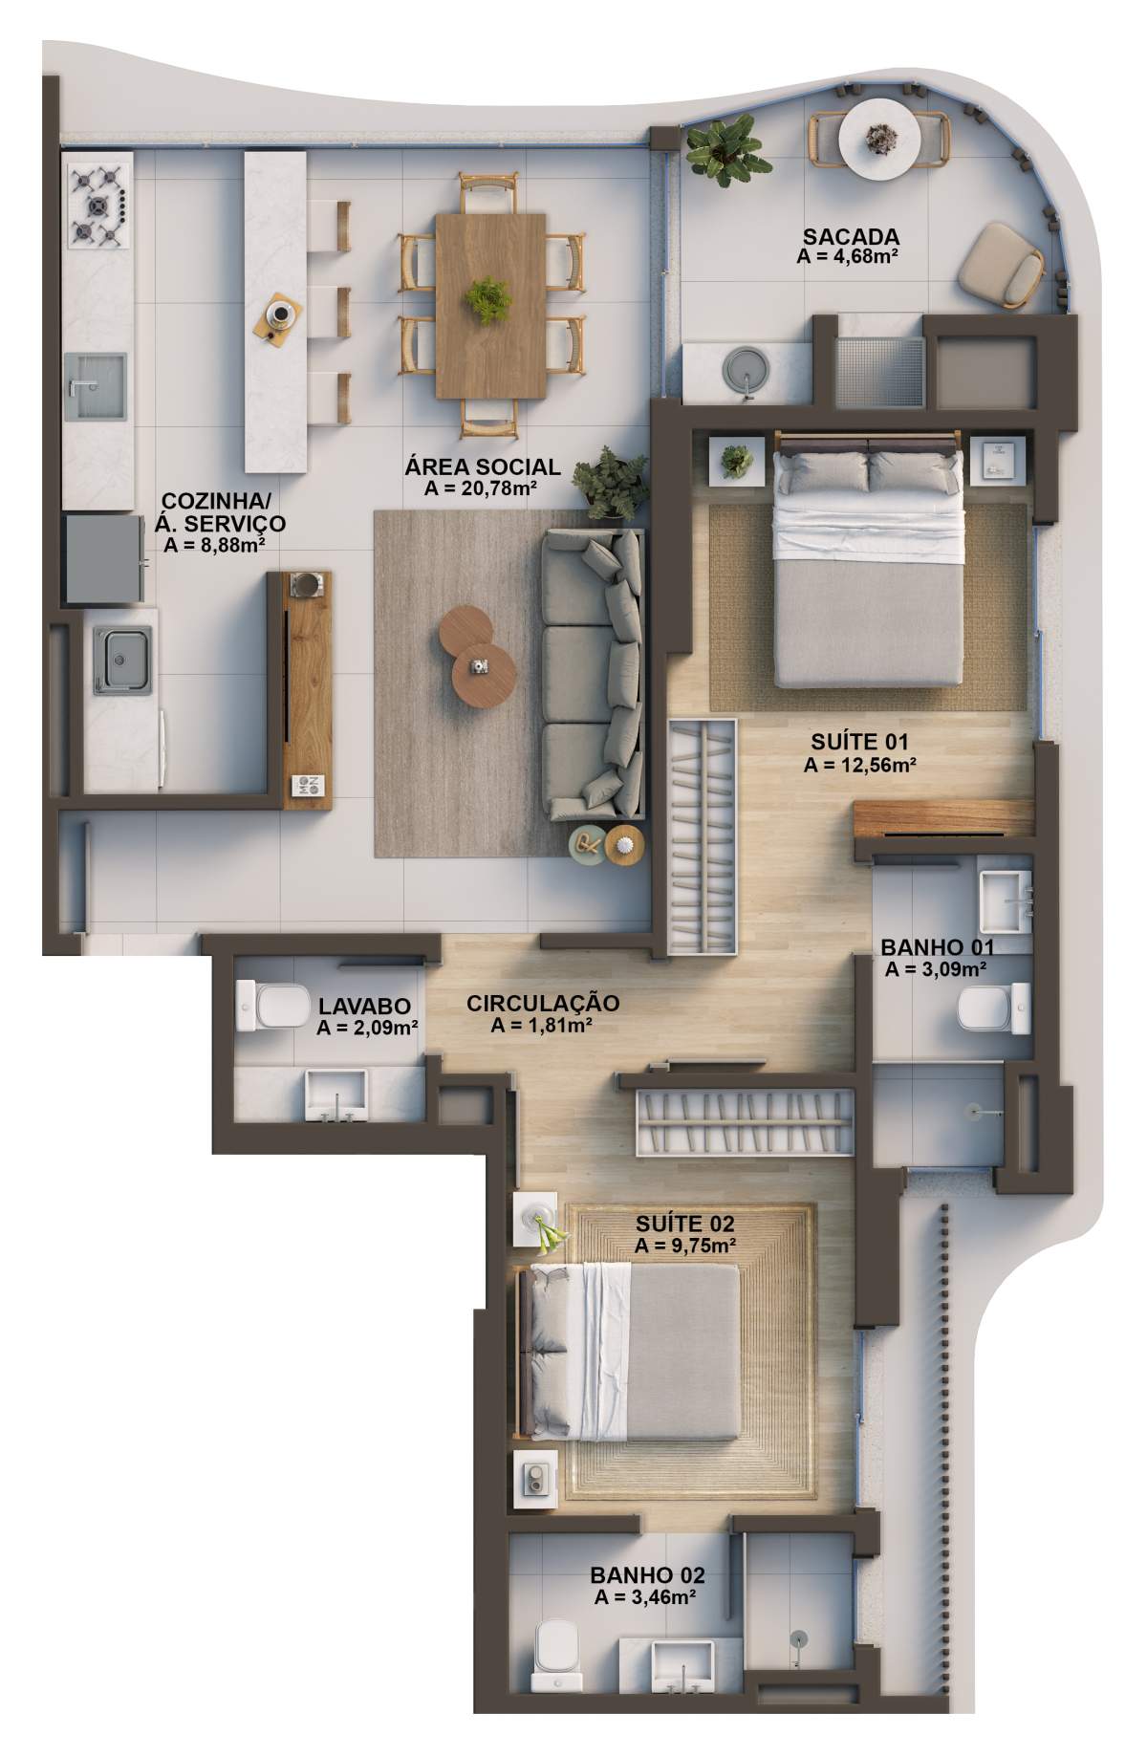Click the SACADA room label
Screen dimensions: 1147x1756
coord(851,236)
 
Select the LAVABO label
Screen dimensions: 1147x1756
coord(364,1007)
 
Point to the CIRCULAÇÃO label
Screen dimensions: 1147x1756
coord(543,1004)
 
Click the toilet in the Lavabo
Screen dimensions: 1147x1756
coord(269,1007)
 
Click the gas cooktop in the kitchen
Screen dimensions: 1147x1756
coord(97,205)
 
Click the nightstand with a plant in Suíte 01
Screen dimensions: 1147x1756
coord(737,463)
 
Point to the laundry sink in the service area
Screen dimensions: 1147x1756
coord(122,659)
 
